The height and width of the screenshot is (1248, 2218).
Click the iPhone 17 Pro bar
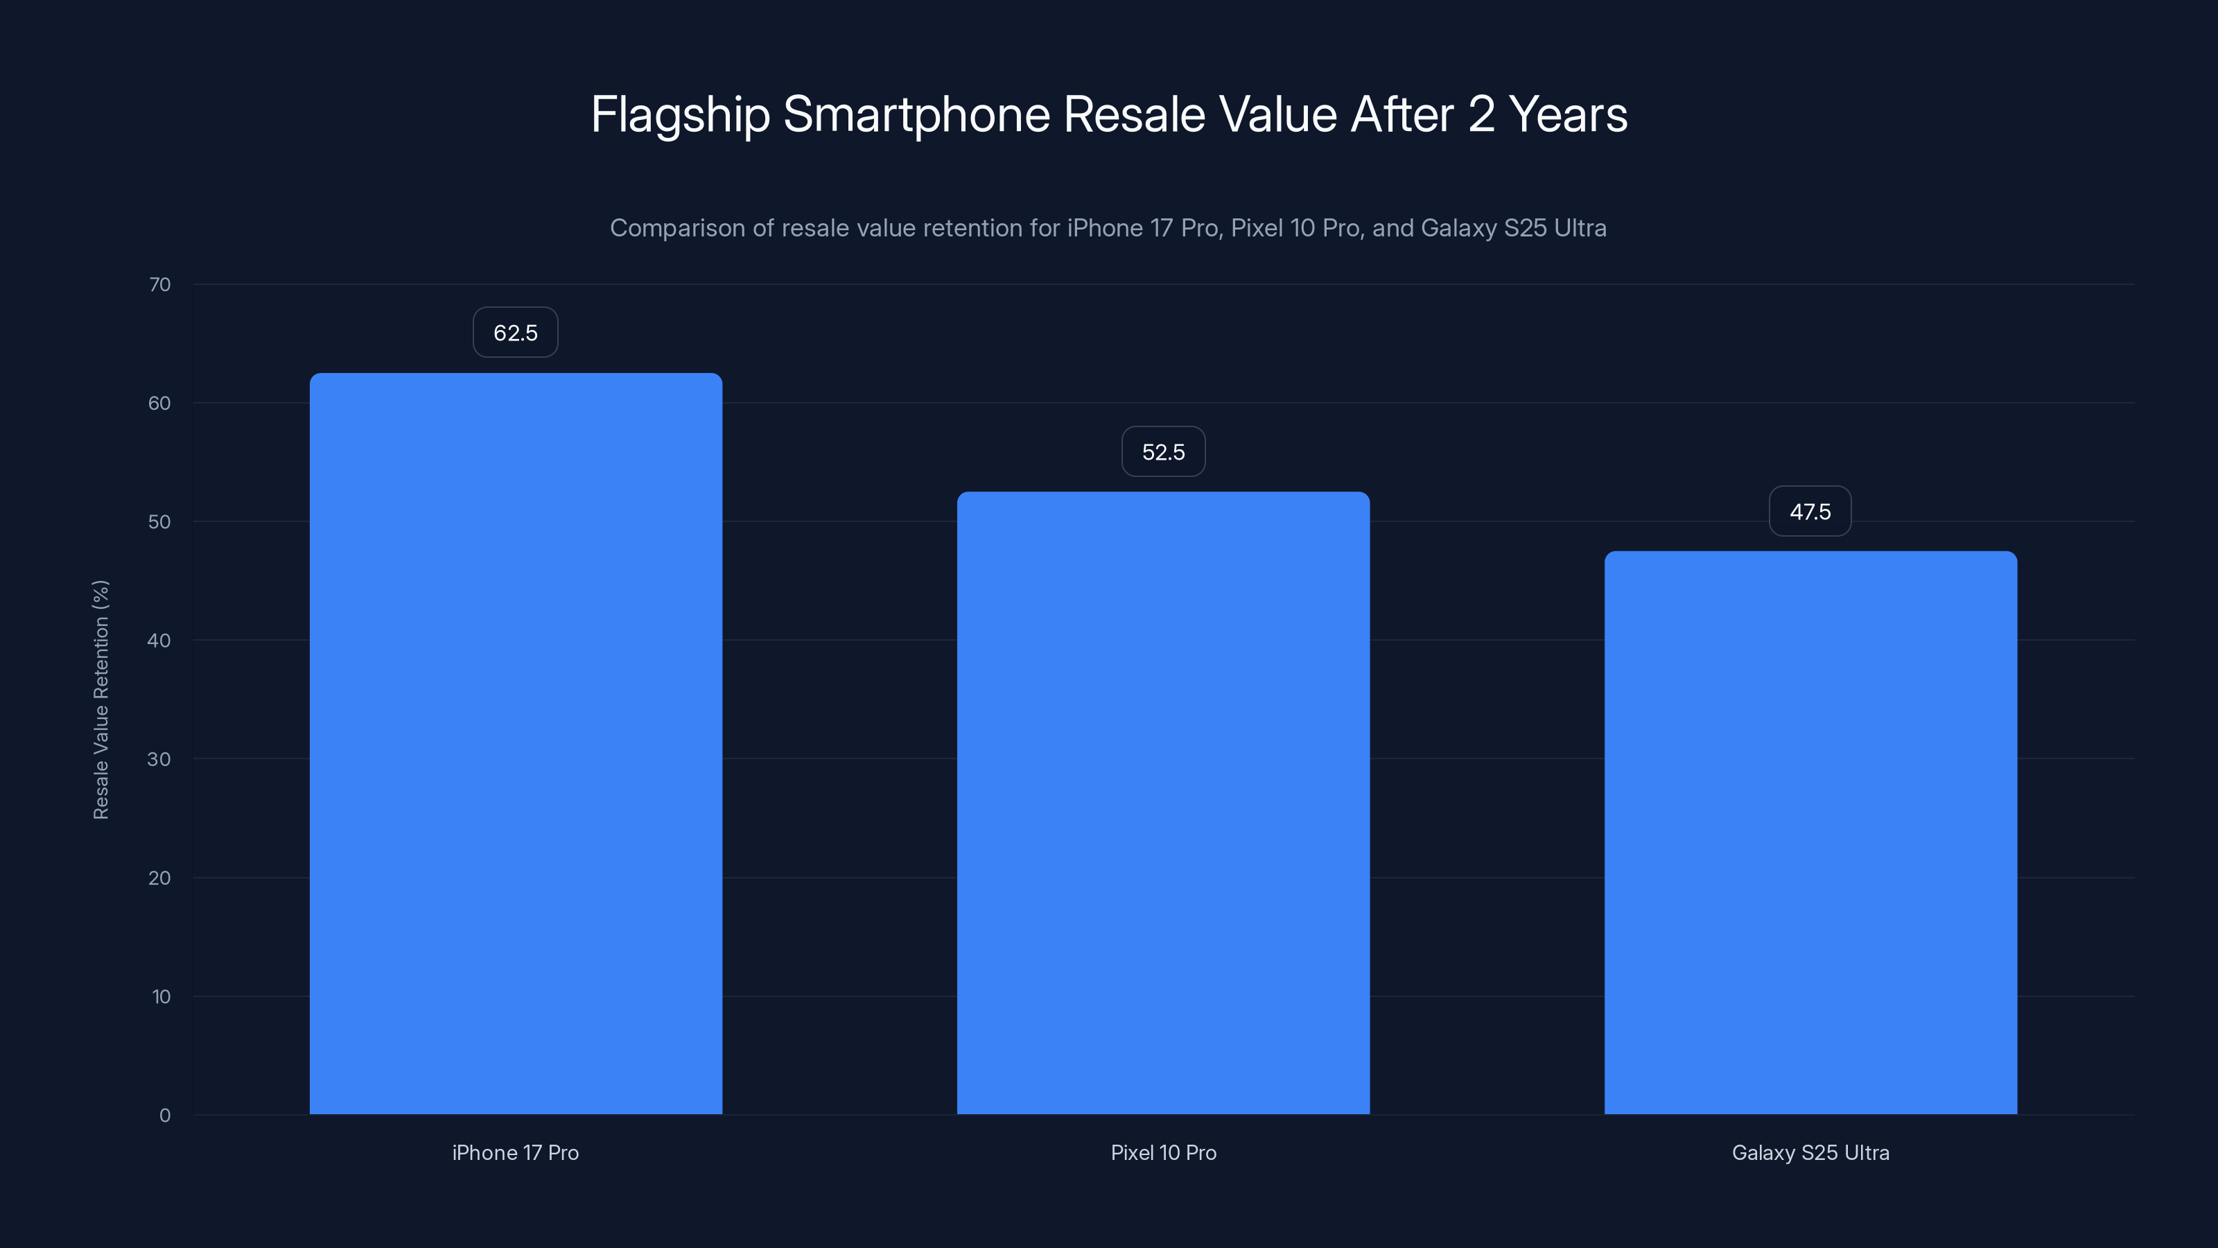coord(516,743)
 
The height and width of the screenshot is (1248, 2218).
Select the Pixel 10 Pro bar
coord(1163,803)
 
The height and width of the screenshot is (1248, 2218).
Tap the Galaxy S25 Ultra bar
coord(1810,832)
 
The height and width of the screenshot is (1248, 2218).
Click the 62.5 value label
coord(516,333)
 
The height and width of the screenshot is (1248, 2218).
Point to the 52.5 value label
coord(1163,451)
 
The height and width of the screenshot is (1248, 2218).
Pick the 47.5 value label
coord(1810,512)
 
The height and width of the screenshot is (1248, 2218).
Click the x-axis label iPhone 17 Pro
coord(516,1152)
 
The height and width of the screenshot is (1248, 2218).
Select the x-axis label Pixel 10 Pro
coord(1163,1152)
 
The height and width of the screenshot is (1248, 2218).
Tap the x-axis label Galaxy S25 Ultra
coord(1810,1152)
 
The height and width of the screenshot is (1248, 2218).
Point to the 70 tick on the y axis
coord(159,284)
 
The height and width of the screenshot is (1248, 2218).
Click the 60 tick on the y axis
coord(159,403)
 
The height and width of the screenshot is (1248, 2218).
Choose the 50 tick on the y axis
coord(159,522)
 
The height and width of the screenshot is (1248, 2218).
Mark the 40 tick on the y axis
coord(159,640)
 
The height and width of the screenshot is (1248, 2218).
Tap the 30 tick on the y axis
coord(159,759)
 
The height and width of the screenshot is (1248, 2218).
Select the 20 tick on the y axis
coord(159,878)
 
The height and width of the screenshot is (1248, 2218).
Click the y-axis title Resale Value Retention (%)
coord(101,700)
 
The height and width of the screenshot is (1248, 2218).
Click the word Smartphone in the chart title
coord(916,114)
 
